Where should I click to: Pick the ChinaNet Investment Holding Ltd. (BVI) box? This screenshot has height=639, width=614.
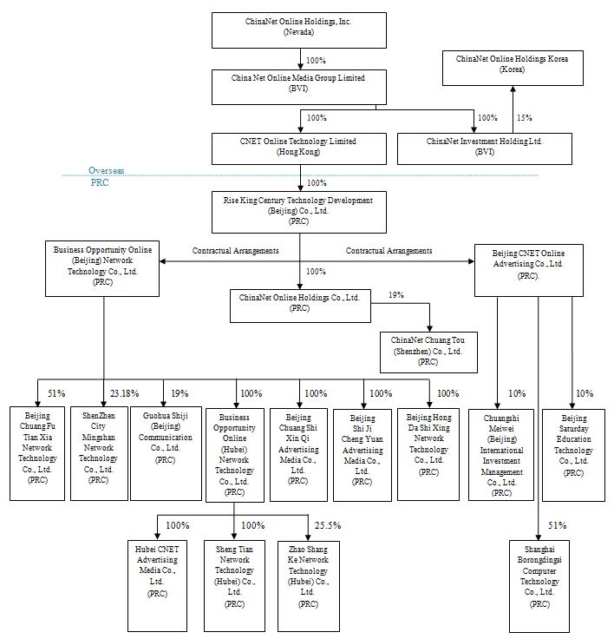point(484,148)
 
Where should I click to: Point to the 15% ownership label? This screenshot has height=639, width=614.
point(524,117)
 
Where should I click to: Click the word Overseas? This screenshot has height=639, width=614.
point(106,171)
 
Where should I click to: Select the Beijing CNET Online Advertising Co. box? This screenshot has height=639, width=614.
point(528,262)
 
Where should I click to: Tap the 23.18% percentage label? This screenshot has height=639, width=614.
point(122,393)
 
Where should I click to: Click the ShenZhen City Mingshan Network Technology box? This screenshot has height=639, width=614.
point(99,452)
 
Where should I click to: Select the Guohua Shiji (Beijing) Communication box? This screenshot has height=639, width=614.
point(165,452)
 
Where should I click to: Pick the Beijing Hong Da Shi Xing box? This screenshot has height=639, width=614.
point(428,452)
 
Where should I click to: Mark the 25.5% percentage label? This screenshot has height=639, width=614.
point(327,525)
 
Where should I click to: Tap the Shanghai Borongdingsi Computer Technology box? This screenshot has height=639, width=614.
point(539,586)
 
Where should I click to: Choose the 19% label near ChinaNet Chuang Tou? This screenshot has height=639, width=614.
point(395,295)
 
